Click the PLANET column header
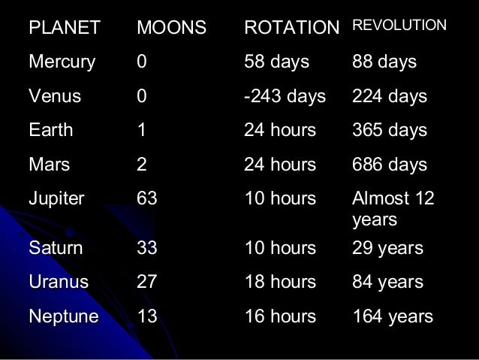[x=64, y=28]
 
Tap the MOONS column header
[x=170, y=28]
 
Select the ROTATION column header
[x=292, y=28]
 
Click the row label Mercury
[x=62, y=62]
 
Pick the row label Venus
[x=55, y=97]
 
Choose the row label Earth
[x=51, y=131]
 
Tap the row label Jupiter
[x=56, y=198]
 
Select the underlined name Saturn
[x=56, y=248]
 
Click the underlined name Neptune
[x=63, y=317]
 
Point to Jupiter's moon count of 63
[x=147, y=198]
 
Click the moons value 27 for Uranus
[x=147, y=283]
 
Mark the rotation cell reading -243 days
[x=285, y=97]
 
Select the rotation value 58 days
[x=276, y=62]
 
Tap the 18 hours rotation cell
[x=280, y=283]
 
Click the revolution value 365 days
[x=389, y=131]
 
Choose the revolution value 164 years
[x=393, y=317]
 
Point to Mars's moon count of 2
[x=142, y=165]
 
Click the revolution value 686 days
[x=389, y=165]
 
